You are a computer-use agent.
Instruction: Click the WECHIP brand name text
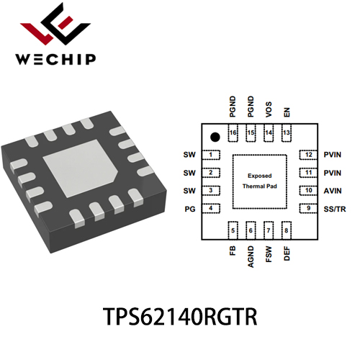tap(55, 60)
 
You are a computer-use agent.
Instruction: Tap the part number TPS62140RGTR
tap(180, 317)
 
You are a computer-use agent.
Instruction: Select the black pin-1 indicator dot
tap(215, 137)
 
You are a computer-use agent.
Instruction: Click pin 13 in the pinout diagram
tap(287, 133)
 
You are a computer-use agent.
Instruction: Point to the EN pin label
tap(287, 112)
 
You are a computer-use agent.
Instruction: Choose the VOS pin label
tap(269, 109)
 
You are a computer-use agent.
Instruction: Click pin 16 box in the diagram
tap(233, 133)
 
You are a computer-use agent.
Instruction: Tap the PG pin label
tap(190, 210)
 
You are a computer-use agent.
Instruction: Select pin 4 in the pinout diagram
tap(211, 208)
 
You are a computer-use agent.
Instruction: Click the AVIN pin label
tap(333, 191)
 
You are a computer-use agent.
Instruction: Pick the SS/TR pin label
tap(335, 210)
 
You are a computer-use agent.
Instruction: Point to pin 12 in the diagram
tap(309, 155)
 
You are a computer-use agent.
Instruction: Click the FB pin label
tap(233, 251)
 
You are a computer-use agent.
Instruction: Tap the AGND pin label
tap(251, 256)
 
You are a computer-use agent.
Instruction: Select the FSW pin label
tap(269, 254)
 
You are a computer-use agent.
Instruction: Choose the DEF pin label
tap(287, 253)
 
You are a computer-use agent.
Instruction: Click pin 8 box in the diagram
tap(287, 230)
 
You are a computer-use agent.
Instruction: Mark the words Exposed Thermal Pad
tap(260, 181)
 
